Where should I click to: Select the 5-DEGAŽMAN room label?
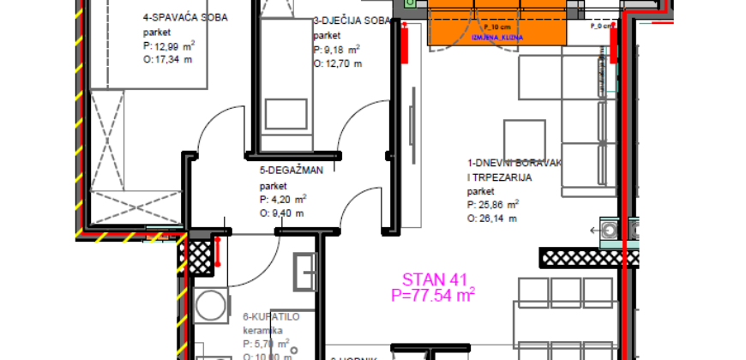click(x=291, y=170)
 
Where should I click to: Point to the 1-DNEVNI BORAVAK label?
click(x=515, y=162)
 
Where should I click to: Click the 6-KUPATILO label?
click(x=271, y=316)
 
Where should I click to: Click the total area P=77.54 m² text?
click(x=433, y=295)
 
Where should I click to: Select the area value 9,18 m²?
click(x=338, y=50)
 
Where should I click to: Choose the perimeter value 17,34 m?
click(x=171, y=59)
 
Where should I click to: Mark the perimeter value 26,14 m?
click(x=492, y=219)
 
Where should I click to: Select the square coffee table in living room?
click(x=524, y=139)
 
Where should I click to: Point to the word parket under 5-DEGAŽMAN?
click(x=273, y=184)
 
